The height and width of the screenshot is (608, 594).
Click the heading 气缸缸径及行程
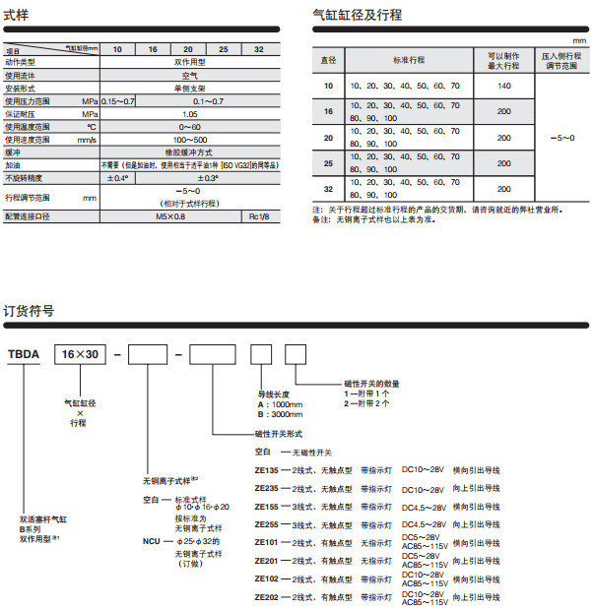tap(357, 16)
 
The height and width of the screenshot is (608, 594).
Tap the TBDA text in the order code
tap(23, 354)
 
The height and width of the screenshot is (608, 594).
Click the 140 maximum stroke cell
tap(504, 87)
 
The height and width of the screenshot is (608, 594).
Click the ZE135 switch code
tap(268, 471)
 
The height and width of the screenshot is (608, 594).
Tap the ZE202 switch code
tap(268, 597)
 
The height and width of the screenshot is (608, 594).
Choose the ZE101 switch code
tap(268, 542)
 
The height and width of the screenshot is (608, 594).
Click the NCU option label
tap(151, 542)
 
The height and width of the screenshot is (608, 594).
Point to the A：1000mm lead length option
tap(274, 403)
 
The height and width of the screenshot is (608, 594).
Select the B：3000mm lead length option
tap(274, 414)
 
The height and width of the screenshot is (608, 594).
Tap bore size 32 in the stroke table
tap(328, 188)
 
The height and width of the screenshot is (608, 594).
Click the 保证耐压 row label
tap(24, 114)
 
